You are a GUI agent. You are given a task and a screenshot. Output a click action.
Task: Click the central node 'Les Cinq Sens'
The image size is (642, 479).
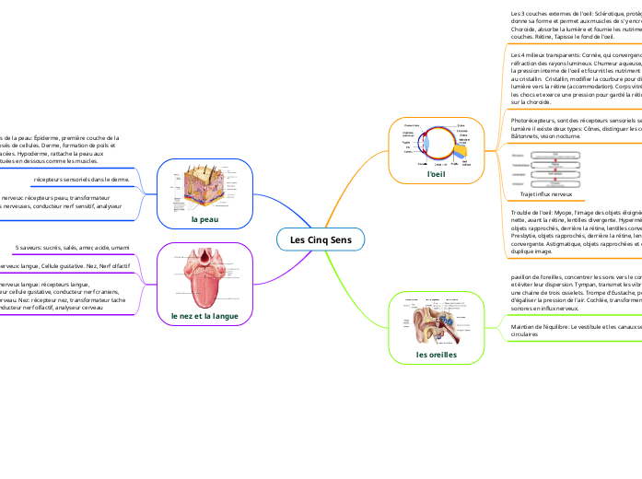[x=321, y=240]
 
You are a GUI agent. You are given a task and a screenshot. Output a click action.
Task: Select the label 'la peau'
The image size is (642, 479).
[x=204, y=219]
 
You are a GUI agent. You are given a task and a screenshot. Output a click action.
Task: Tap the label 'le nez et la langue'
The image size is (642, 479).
[x=204, y=316]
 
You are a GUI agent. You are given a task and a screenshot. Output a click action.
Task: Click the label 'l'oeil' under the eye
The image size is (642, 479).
[x=436, y=172]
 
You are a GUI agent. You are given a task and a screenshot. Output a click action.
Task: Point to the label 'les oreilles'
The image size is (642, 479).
[x=435, y=354]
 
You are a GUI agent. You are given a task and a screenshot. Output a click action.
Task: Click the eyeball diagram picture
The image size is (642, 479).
[x=435, y=144]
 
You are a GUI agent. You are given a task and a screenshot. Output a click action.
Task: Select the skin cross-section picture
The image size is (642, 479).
[x=204, y=189]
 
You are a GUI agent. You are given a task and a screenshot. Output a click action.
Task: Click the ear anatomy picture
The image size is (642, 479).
[x=435, y=321]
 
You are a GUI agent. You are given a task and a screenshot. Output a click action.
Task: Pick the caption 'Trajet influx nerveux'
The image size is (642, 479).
[x=546, y=194]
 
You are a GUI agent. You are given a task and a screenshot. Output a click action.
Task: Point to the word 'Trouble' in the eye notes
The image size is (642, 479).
[x=521, y=213]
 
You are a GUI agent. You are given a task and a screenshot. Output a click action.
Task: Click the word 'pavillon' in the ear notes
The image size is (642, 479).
[x=523, y=276]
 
